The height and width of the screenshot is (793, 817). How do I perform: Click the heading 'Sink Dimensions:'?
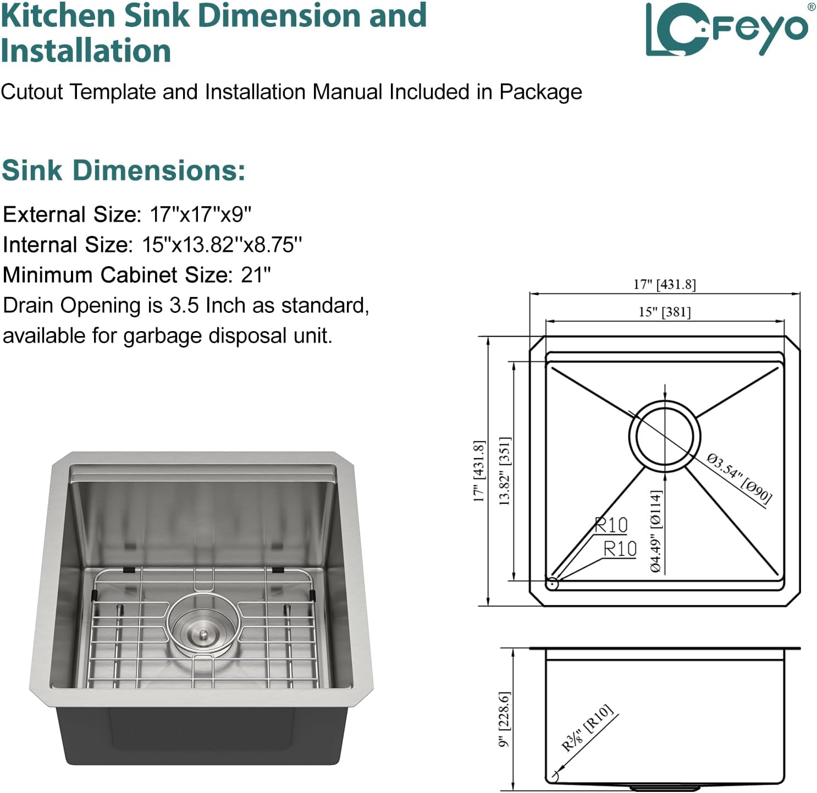123,170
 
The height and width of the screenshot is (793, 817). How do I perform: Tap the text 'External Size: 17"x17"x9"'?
127,214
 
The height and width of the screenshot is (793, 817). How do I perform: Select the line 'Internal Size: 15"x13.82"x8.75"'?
152,244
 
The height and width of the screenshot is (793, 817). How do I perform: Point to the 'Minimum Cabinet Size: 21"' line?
137,274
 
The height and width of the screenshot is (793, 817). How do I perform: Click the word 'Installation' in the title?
86,51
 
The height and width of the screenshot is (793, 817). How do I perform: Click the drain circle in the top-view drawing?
665,436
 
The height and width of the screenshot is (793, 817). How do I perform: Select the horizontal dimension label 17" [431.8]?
664,284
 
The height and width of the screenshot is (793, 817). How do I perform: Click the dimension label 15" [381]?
664,312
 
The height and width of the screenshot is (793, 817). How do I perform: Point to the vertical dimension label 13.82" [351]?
505,471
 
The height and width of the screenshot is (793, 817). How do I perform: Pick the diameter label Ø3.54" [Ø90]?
739,478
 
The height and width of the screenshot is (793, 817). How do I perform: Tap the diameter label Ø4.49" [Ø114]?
656,531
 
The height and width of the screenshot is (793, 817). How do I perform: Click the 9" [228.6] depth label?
505,719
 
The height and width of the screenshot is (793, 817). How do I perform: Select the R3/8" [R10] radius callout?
587,728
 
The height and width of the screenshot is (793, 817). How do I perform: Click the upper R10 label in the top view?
611,525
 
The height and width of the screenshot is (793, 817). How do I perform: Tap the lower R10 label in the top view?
620,548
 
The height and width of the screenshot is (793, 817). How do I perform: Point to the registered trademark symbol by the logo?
812,7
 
